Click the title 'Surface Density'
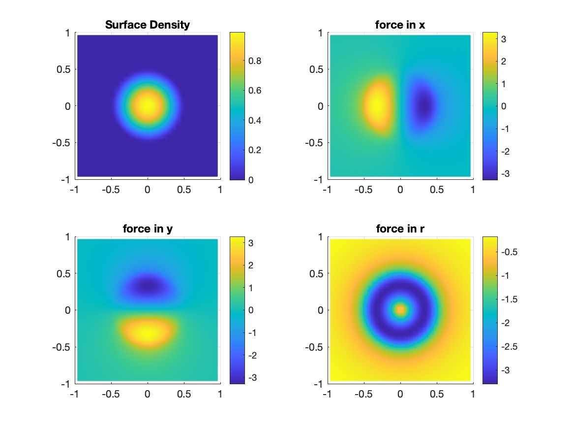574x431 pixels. click(x=147, y=25)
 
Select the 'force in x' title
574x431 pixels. click(x=400, y=25)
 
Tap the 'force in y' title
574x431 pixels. click(x=147, y=229)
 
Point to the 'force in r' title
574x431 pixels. click(x=400, y=229)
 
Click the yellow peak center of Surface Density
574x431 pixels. click(x=147, y=105)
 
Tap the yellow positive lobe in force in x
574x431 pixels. click(x=376, y=105)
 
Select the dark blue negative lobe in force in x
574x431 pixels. click(x=424, y=105)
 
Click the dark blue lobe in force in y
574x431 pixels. click(x=147, y=285)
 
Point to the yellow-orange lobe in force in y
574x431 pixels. click(x=147, y=332)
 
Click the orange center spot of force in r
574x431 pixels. click(x=400, y=310)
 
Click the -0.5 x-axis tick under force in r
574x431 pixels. click(x=364, y=394)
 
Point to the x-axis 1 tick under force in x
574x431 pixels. click(x=473, y=190)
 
